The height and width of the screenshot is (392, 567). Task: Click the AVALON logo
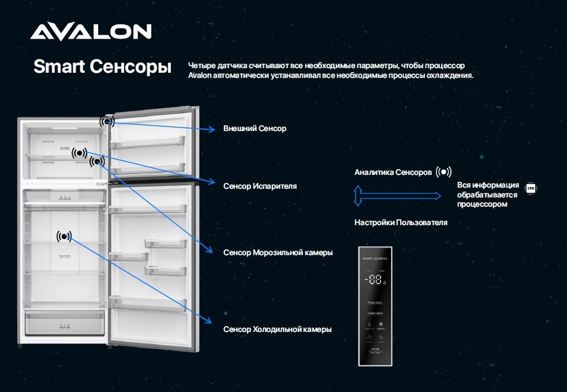click(x=91, y=32)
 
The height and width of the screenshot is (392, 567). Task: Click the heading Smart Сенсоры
click(x=102, y=66)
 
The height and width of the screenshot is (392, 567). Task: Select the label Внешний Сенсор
click(x=255, y=128)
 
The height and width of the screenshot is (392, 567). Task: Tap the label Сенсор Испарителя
click(x=260, y=186)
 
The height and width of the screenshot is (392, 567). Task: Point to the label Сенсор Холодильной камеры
click(x=277, y=329)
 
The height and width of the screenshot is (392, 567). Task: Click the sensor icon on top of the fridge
click(x=107, y=121)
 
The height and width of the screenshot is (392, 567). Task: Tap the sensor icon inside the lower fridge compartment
click(x=65, y=236)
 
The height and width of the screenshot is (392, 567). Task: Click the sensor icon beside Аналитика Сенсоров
click(x=443, y=172)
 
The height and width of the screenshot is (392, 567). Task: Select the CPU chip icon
click(x=530, y=188)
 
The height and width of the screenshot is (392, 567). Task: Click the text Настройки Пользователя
click(x=401, y=222)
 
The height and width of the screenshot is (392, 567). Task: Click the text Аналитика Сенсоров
click(x=393, y=173)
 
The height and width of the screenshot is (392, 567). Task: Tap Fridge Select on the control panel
click(x=375, y=303)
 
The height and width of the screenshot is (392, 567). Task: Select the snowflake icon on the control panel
click(x=381, y=324)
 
